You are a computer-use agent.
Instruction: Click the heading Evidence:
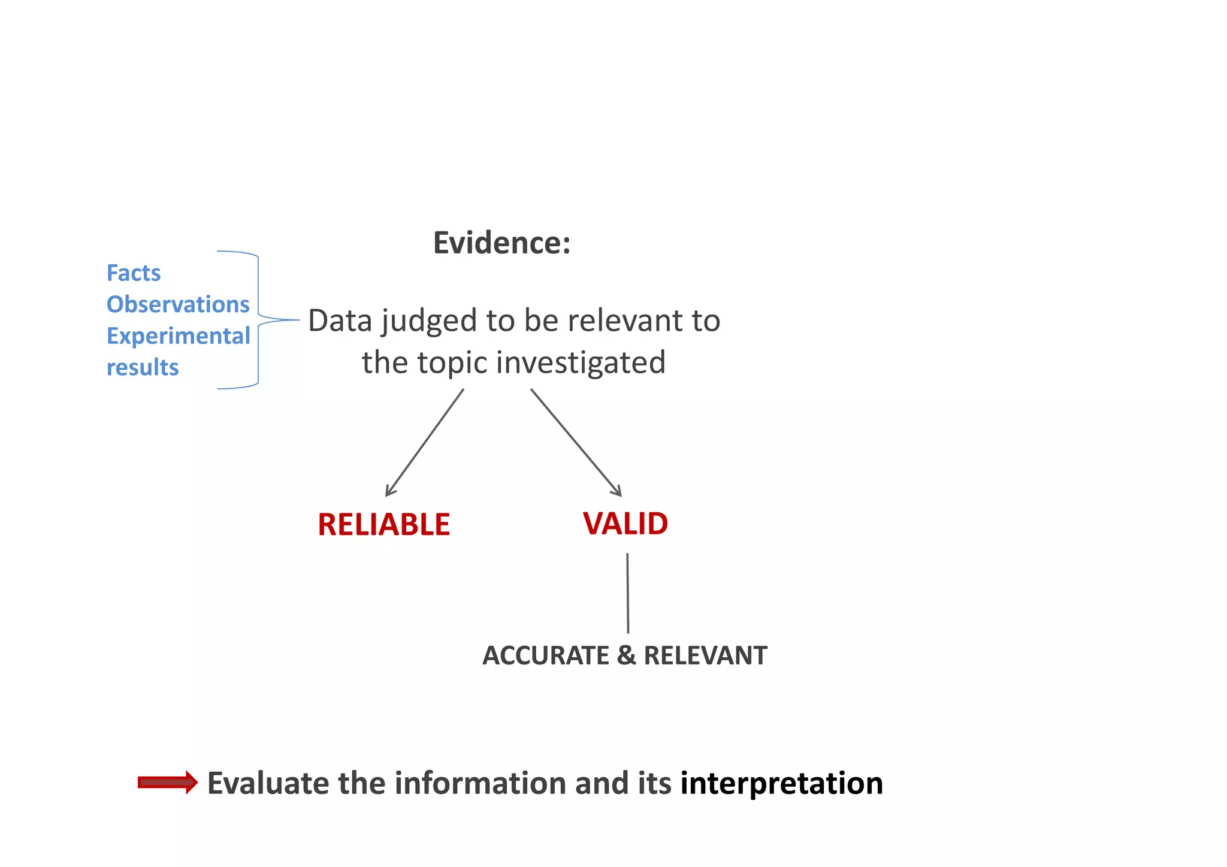tap(501, 243)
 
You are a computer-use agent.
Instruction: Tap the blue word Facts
tap(134, 273)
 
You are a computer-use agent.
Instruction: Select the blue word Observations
tap(178, 304)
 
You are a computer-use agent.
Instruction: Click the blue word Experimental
tap(178, 336)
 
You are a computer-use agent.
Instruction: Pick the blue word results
tap(143, 367)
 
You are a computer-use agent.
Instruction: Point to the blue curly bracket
tap(258, 320)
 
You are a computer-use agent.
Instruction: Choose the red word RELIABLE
tap(383, 525)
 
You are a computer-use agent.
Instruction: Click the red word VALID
tap(625, 524)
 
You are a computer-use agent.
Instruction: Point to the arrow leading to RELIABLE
tap(424, 443)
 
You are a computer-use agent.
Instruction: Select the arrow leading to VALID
tap(576, 442)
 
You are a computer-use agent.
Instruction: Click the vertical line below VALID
tap(627, 593)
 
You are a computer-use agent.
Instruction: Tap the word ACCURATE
tap(546, 655)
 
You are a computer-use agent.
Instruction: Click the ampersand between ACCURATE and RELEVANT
tap(626, 655)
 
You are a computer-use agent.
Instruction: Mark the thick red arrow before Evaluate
tap(168, 783)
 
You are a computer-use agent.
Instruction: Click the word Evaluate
tap(268, 784)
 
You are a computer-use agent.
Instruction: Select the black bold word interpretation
tap(781, 784)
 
